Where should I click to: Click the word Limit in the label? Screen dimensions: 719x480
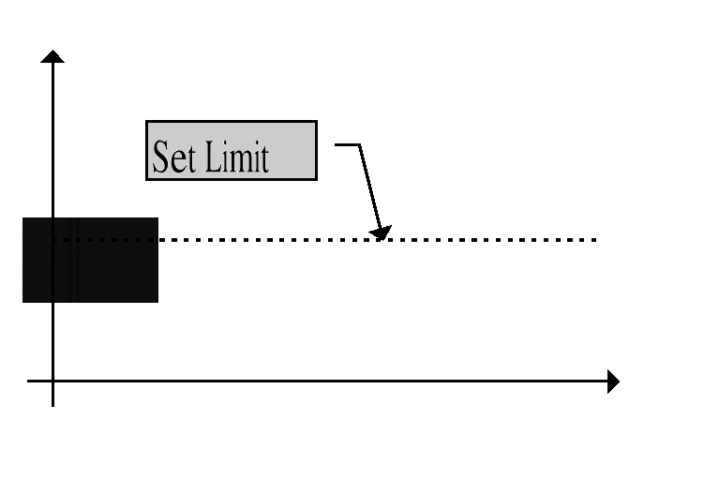(236, 157)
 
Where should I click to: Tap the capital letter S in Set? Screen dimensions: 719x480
(161, 157)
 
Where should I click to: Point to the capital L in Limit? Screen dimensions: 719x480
(213, 157)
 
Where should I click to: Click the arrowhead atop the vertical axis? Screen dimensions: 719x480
(52, 56)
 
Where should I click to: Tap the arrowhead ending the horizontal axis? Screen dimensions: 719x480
(613, 381)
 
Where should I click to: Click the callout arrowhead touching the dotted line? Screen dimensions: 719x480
(381, 232)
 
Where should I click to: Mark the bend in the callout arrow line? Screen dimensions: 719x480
(359, 145)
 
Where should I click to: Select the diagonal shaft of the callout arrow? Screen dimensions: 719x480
(369, 187)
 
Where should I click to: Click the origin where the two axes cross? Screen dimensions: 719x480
(52, 381)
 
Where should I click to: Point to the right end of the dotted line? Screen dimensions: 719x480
(595, 240)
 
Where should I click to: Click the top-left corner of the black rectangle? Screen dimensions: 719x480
(22, 218)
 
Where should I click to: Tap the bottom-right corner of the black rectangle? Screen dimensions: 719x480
(158, 302)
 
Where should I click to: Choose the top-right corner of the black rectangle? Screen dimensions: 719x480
(158, 218)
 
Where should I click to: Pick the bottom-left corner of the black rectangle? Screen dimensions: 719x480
(22, 302)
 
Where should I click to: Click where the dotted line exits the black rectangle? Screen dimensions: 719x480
(158, 240)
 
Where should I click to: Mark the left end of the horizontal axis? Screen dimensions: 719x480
(27, 381)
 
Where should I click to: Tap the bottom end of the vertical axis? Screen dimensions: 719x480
(52, 406)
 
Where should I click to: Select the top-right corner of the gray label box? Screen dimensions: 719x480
(317, 122)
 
